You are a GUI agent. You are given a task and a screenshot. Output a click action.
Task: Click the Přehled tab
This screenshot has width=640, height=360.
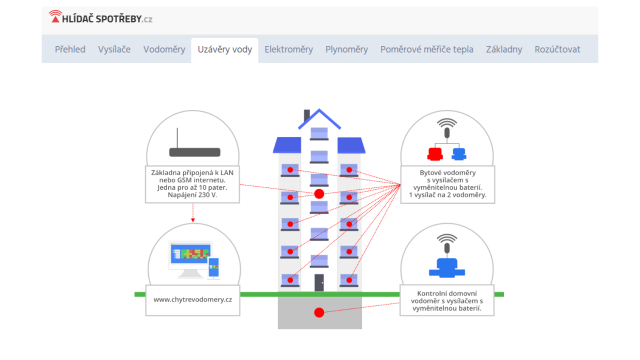(70, 49)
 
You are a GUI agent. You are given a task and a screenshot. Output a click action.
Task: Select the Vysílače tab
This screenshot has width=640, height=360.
(114, 49)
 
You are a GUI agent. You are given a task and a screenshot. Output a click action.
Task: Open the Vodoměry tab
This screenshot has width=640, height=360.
(164, 49)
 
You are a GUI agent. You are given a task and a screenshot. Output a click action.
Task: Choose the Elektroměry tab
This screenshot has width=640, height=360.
(288, 49)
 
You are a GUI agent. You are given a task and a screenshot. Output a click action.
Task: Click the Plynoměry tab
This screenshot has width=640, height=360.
(346, 49)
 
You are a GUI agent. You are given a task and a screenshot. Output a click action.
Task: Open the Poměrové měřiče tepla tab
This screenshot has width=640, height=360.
(426, 49)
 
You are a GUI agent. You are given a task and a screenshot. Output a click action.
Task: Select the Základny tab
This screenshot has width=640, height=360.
(504, 49)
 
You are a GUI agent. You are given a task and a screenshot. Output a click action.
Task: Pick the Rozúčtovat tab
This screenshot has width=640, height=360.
(557, 49)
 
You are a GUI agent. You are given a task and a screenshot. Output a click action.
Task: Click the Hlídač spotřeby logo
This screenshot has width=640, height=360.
(100, 18)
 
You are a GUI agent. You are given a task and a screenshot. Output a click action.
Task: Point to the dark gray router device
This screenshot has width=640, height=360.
(194, 151)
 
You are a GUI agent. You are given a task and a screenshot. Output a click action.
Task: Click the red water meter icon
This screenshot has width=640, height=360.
(435, 154)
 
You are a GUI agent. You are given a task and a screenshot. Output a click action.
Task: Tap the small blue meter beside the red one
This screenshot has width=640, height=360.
(458, 154)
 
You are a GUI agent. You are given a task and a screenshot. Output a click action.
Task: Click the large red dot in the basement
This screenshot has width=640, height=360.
(319, 312)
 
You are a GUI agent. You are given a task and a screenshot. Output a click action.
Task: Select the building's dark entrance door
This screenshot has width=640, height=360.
(319, 282)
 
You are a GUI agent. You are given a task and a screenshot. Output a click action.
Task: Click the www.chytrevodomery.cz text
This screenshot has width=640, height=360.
(192, 299)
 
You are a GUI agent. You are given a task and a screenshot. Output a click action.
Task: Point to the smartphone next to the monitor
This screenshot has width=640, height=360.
(213, 267)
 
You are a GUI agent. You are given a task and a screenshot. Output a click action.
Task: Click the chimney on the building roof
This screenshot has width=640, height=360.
(306, 115)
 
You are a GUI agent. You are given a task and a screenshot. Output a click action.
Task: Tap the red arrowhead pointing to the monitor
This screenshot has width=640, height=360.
(192, 220)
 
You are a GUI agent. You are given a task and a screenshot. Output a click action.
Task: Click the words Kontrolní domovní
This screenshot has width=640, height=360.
(446, 293)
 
